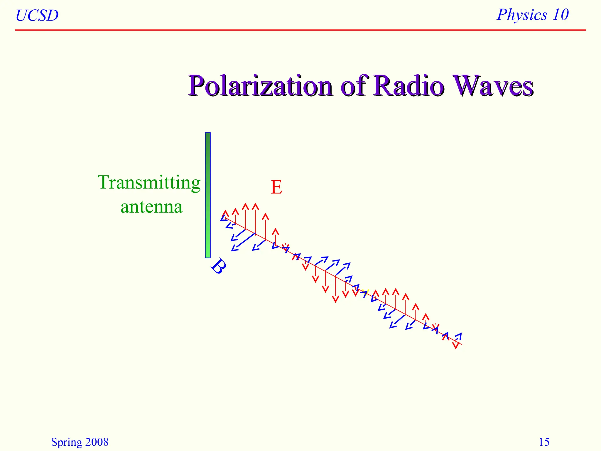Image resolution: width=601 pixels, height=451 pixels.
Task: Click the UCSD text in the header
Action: [37, 16]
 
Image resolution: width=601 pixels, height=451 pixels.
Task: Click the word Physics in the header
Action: [522, 15]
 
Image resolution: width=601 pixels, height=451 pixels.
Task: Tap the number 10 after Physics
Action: [560, 15]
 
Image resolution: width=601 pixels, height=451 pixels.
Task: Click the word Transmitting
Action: [149, 183]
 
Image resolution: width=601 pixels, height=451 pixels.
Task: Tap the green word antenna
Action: [151, 207]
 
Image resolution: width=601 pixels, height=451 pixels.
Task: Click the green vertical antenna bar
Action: [208, 195]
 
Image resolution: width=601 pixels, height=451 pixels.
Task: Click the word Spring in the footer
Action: [66, 442]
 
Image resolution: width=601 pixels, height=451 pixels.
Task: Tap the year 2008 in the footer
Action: [97, 442]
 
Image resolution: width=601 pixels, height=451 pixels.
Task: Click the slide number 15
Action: [544, 442]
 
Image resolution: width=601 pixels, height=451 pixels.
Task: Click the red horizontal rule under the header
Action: [300, 30]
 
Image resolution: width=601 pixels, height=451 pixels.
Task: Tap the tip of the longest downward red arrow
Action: [335, 301]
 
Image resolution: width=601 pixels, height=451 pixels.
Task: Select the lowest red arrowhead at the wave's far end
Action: [455, 347]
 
